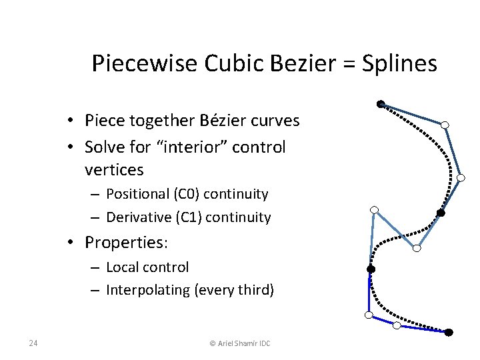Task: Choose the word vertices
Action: click(114, 170)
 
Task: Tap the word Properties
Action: click(123, 241)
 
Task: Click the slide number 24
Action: click(33, 343)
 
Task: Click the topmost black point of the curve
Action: click(380, 104)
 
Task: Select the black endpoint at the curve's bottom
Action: click(449, 332)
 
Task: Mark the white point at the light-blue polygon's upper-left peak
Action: click(375, 210)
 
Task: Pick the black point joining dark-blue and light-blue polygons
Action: click(440, 213)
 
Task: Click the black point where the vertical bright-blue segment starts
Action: click(371, 269)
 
